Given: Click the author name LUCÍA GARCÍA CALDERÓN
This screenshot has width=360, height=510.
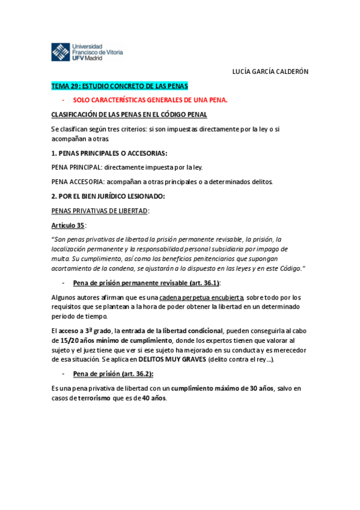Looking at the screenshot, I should [270, 71].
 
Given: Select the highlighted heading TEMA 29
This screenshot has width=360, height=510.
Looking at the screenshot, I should [120, 85].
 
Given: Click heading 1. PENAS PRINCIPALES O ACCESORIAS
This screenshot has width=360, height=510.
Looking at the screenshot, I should [109, 153].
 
